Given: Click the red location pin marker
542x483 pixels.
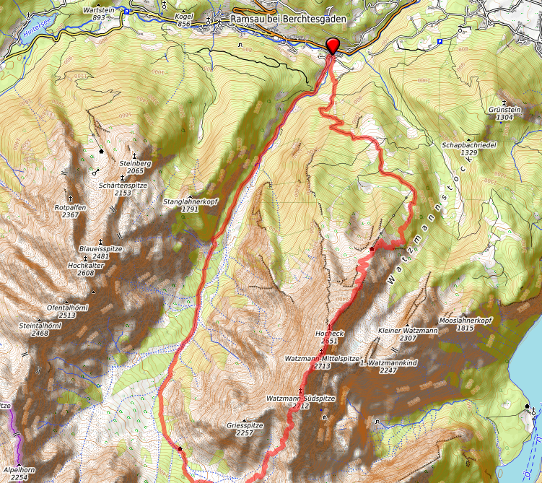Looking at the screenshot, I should [333, 45].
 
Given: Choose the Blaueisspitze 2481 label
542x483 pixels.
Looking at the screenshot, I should [100, 252].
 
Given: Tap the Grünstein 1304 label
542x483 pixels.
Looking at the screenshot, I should [504, 113].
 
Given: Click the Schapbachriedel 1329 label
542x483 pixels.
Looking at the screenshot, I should [469, 149].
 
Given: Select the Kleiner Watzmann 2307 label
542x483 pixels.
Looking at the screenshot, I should [408, 334].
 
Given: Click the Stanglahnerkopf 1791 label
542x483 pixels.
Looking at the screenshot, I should [191, 205].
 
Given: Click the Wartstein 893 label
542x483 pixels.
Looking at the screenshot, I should [100, 14].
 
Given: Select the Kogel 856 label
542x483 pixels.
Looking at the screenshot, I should [184, 20].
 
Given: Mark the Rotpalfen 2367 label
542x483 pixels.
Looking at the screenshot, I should [70, 211].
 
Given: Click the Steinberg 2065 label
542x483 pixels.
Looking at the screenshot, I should [135, 167].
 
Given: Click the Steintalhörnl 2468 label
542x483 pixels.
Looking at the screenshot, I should [40, 329].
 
